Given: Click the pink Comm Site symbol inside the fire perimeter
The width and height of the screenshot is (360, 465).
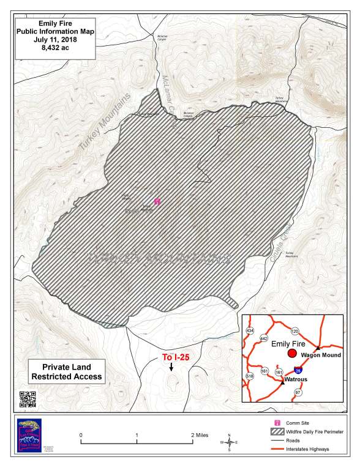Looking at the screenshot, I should coord(157,200).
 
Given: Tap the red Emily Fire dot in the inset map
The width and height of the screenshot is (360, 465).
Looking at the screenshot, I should coord(292,354).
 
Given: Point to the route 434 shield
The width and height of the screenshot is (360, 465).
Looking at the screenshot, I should coord(249,330).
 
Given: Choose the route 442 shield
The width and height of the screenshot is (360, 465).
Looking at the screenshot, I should coord(264,338).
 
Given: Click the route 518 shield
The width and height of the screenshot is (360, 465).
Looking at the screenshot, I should coord(249,376).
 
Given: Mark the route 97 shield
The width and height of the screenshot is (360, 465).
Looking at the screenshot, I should coord(298,392).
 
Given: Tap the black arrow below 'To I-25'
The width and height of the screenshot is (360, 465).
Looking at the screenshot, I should coord(171,367).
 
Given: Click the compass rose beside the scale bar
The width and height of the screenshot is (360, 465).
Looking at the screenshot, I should coord(229,441).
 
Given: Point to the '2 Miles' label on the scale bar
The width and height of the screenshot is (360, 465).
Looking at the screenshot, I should coord(201,434).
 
